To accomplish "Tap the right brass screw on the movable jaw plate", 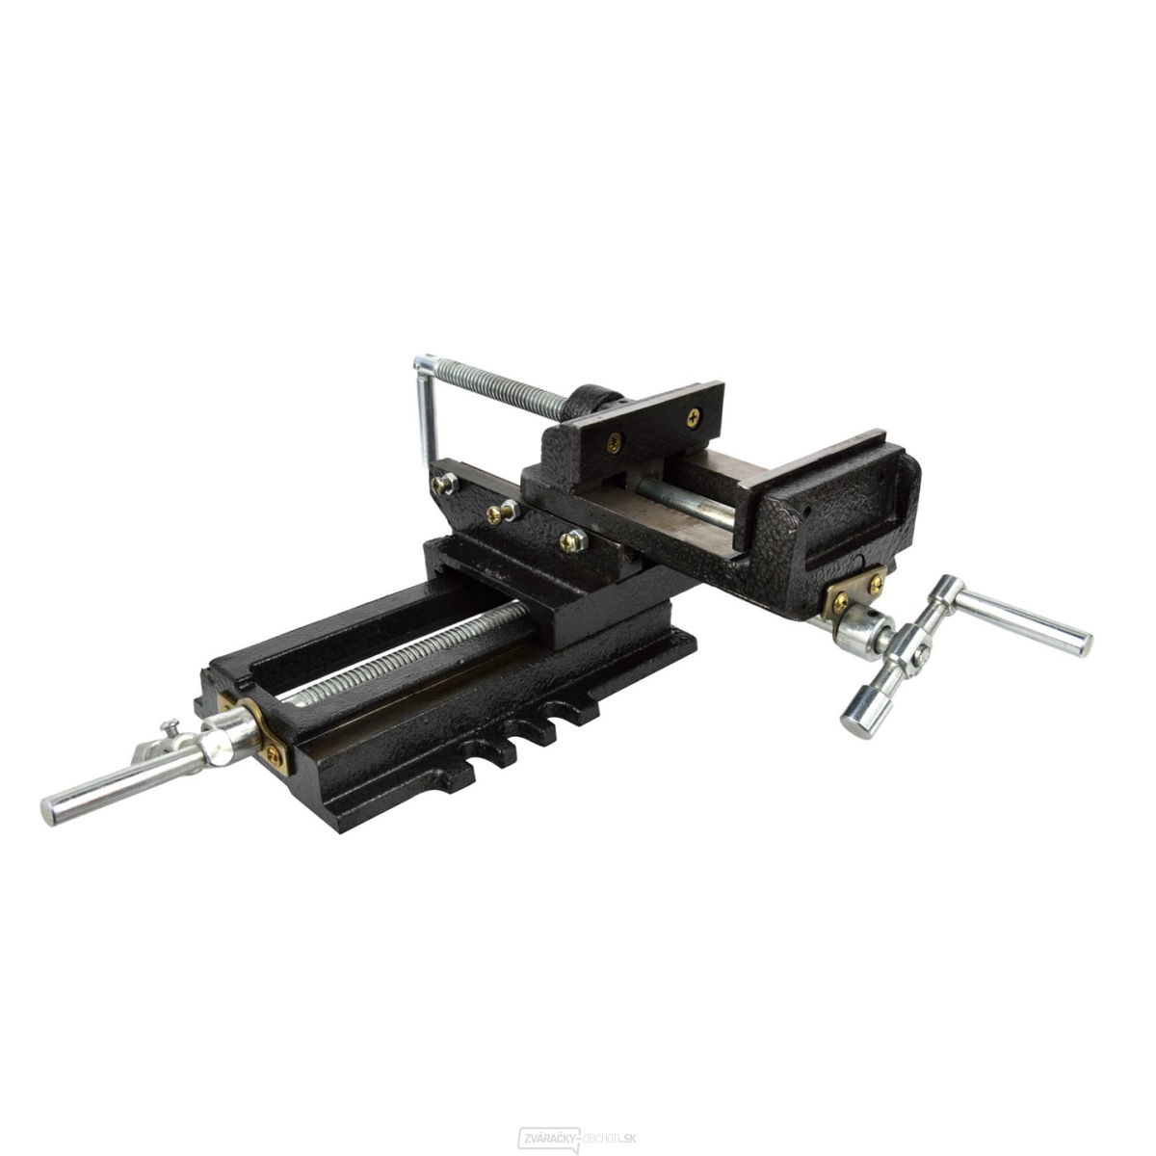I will (x=693, y=416).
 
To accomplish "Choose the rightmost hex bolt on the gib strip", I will (x=572, y=540).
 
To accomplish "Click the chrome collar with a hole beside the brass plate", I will (x=857, y=631).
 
